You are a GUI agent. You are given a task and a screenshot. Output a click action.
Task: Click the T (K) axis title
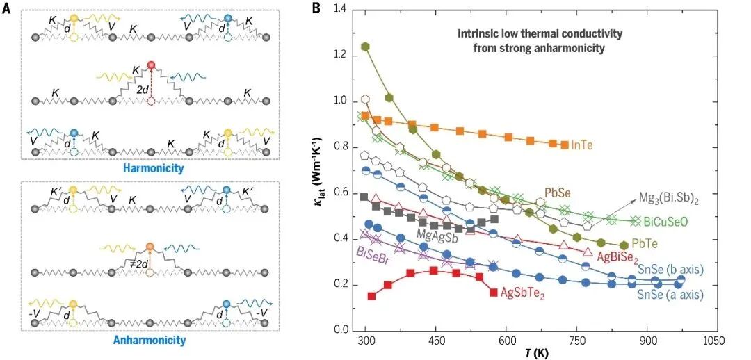pyautogui.click(x=535, y=353)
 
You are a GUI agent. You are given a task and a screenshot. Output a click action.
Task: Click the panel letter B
pyautogui.click(x=316, y=8)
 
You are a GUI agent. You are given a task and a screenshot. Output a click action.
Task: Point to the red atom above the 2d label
pyautogui.click(x=151, y=67)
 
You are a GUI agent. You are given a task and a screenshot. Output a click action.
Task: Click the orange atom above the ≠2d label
pyautogui.click(x=150, y=247)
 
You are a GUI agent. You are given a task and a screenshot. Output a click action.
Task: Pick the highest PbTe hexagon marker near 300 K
pyautogui.click(x=365, y=47)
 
